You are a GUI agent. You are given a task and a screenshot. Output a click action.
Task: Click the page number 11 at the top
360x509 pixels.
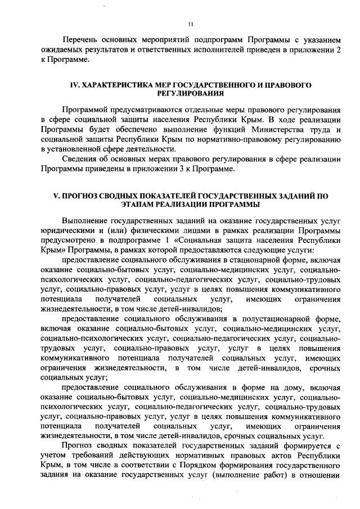pos(191,24)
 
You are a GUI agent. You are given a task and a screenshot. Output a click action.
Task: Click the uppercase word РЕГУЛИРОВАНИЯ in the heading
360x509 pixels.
pos(190,92)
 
